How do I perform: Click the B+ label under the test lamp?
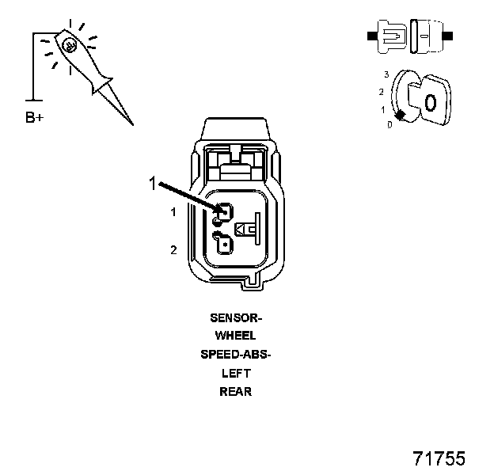(x=34, y=119)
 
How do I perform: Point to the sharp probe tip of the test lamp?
(x=131, y=123)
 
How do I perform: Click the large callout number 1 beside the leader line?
(x=153, y=184)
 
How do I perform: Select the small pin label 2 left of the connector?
(x=173, y=250)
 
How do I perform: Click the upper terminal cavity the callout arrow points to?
(x=224, y=212)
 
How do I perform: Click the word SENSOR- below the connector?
(x=235, y=317)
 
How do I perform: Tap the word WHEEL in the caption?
(x=235, y=336)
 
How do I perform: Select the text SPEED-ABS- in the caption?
(x=235, y=354)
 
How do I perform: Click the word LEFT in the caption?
(x=235, y=372)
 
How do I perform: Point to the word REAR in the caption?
(x=235, y=390)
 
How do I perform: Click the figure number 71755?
(x=439, y=458)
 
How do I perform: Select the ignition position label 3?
(x=386, y=74)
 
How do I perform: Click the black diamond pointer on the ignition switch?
(x=401, y=116)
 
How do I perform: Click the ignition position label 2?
(x=381, y=92)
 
